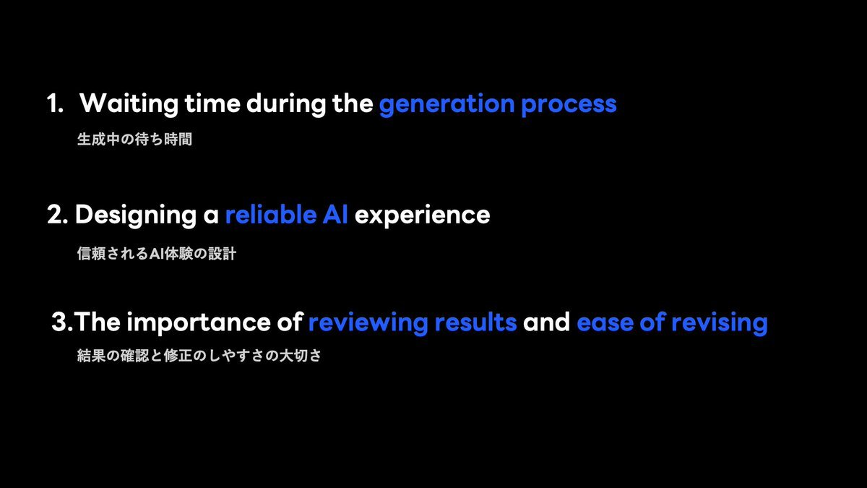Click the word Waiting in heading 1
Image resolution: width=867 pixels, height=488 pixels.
129,104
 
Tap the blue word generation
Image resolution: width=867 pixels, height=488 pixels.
447,105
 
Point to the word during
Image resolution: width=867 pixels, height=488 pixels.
286,104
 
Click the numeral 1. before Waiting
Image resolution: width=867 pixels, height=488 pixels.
55,104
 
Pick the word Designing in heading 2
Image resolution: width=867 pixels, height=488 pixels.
136,215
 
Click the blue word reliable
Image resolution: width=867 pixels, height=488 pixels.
271,214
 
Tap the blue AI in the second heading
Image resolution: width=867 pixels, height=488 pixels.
335,215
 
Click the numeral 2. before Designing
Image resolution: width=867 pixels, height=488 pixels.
57,215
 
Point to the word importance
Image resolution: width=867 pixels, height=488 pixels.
199,323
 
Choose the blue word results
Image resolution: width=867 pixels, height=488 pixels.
475,322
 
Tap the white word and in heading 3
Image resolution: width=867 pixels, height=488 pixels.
546,322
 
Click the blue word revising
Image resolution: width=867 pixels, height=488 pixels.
720,323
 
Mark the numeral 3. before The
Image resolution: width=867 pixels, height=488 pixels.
62,322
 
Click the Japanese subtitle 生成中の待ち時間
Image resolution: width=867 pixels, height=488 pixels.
134,139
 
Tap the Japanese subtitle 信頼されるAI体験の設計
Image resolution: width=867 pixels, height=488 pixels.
157,254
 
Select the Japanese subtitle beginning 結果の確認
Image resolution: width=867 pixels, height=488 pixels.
199,356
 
